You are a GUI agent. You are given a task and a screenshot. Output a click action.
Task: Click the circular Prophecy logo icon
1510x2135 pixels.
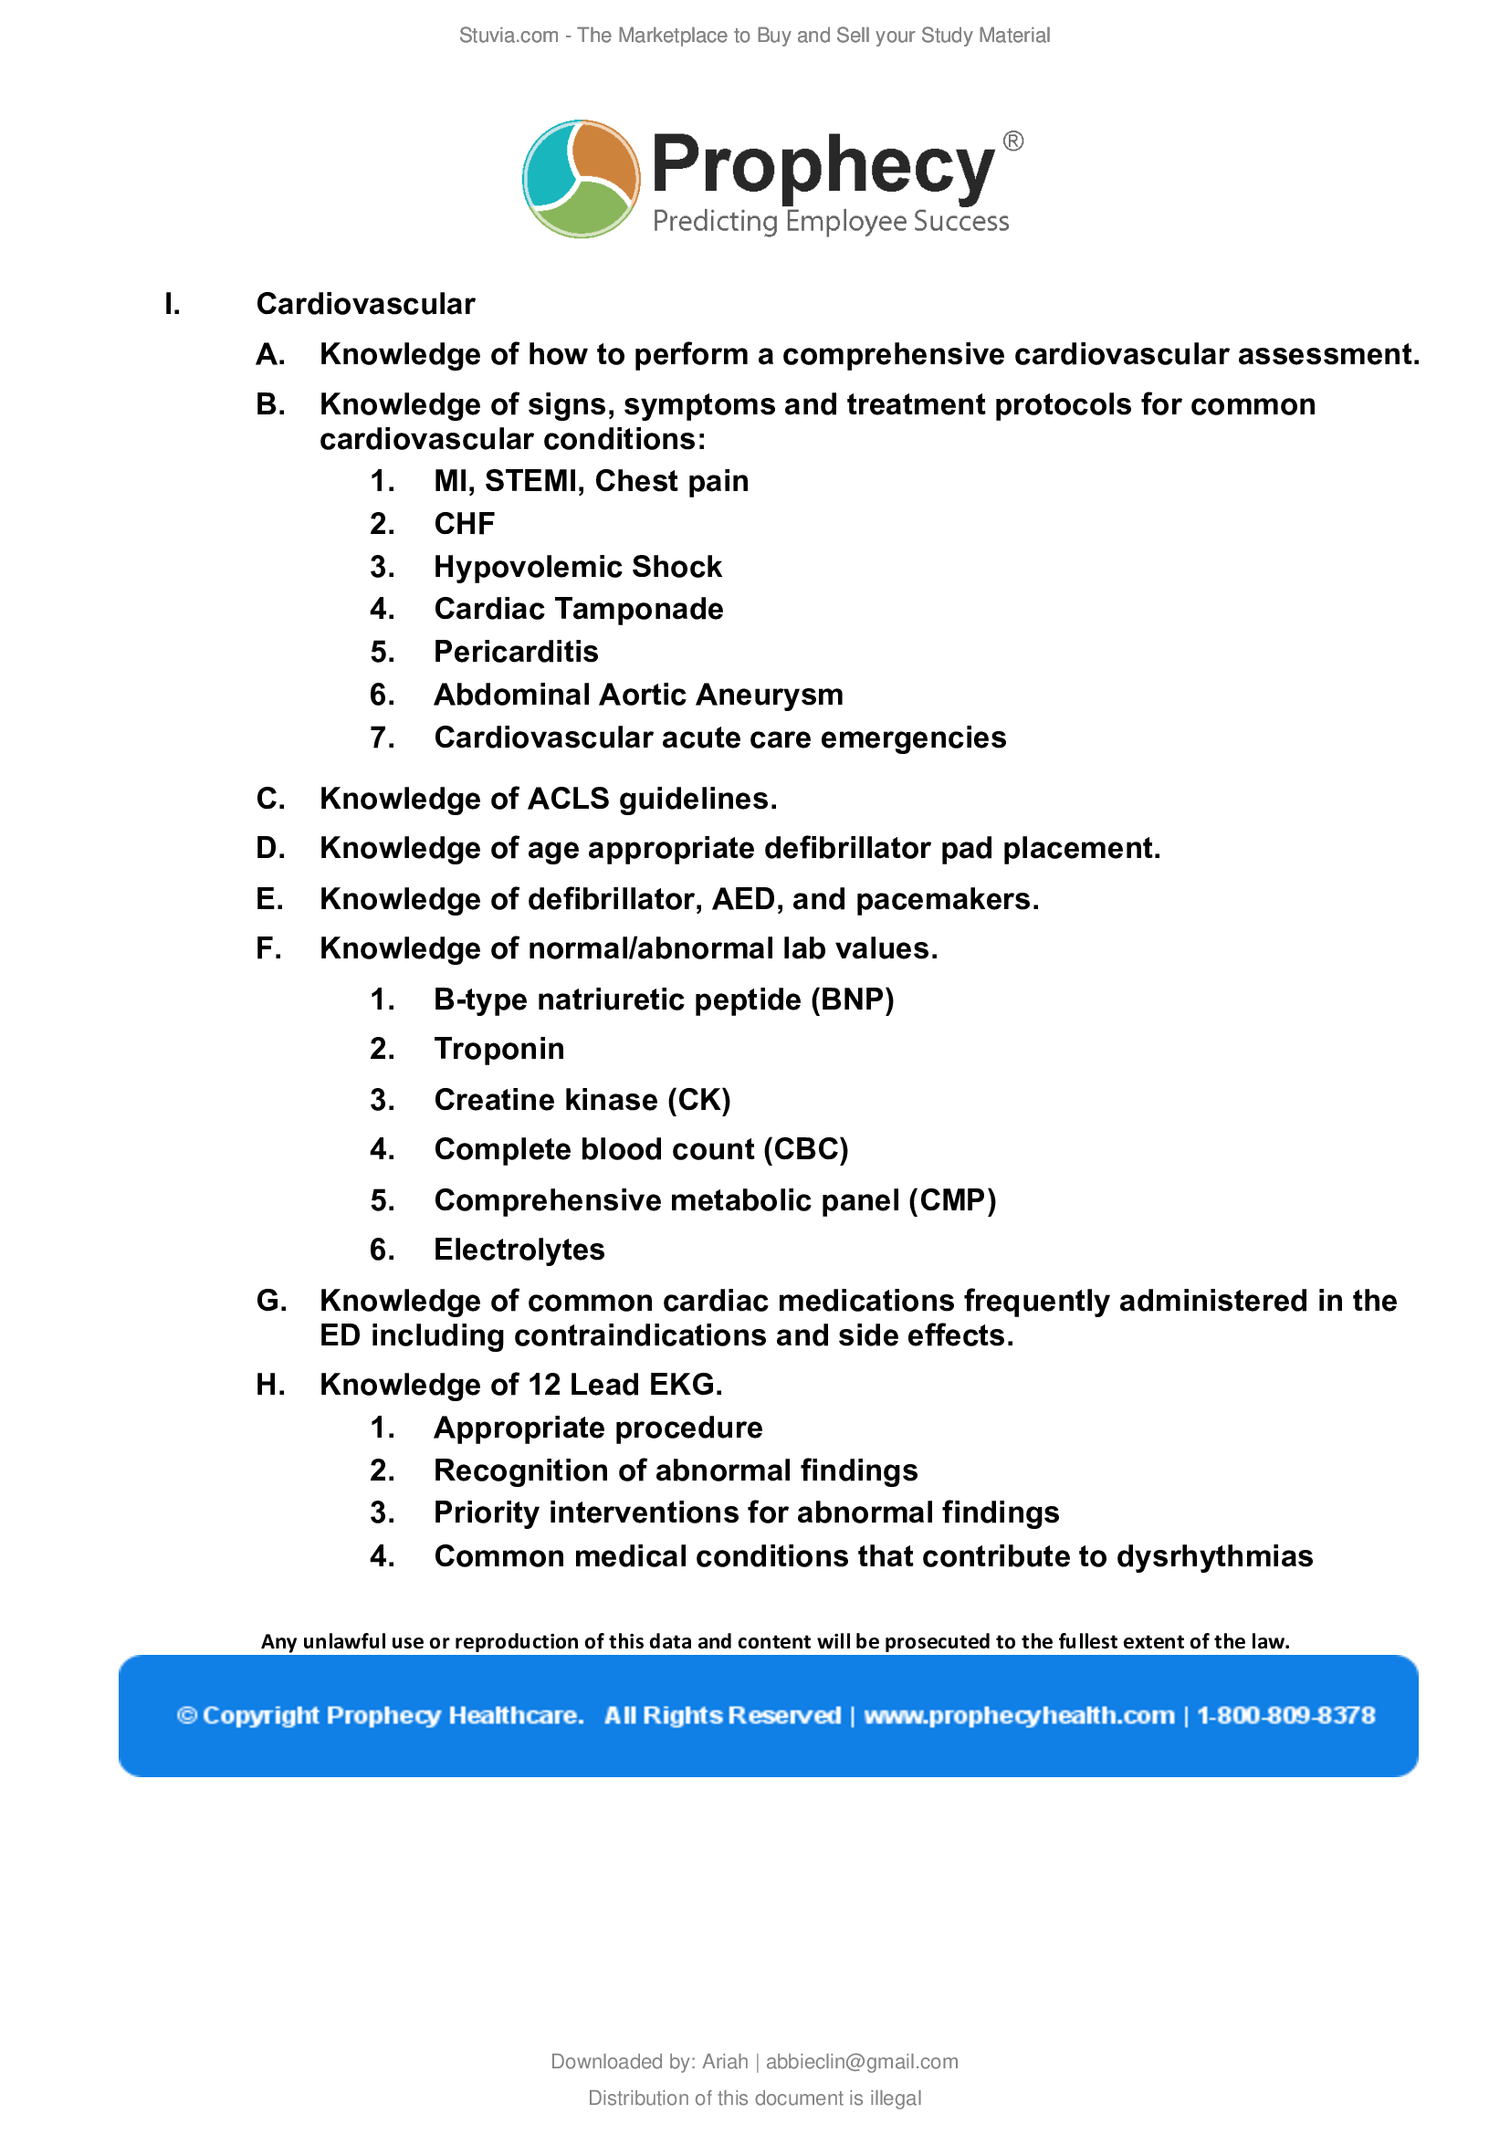pyautogui.click(x=582, y=179)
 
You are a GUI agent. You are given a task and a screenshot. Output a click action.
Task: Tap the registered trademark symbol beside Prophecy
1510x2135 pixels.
pyautogui.click(x=1012, y=141)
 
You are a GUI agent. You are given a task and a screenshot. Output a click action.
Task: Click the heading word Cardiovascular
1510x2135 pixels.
pyautogui.click(x=365, y=304)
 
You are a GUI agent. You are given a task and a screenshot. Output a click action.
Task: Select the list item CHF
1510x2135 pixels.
pyautogui.click(x=464, y=524)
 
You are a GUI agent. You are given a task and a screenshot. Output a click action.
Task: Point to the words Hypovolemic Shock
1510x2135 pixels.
pyautogui.click(x=577, y=566)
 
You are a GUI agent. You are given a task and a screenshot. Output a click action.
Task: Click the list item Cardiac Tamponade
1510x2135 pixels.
pyautogui.click(x=578, y=609)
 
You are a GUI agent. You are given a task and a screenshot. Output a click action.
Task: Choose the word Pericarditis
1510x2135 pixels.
pyautogui.click(x=516, y=652)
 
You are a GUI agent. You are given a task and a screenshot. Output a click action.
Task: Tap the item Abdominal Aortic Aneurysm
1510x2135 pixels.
pyautogui.click(x=639, y=695)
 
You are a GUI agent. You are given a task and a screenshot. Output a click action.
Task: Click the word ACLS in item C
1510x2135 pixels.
pyautogui.click(x=568, y=799)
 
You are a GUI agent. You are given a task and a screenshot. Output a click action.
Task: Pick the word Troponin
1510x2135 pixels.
pyautogui.click(x=499, y=1049)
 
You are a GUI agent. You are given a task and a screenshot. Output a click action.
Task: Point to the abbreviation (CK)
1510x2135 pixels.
pyautogui.click(x=699, y=1100)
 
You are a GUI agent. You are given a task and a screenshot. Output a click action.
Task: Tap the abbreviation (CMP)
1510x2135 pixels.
pyautogui.click(x=952, y=1200)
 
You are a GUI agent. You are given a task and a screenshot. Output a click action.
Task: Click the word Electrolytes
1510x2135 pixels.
pyautogui.click(x=519, y=1250)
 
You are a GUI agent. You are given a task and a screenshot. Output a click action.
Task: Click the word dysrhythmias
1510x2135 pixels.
pyautogui.click(x=1214, y=1556)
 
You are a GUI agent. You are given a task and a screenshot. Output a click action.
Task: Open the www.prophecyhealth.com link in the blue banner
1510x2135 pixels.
pyautogui.click(x=1019, y=1716)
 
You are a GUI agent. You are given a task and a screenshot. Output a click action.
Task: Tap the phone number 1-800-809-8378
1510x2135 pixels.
pyautogui.click(x=1285, y=1716)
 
